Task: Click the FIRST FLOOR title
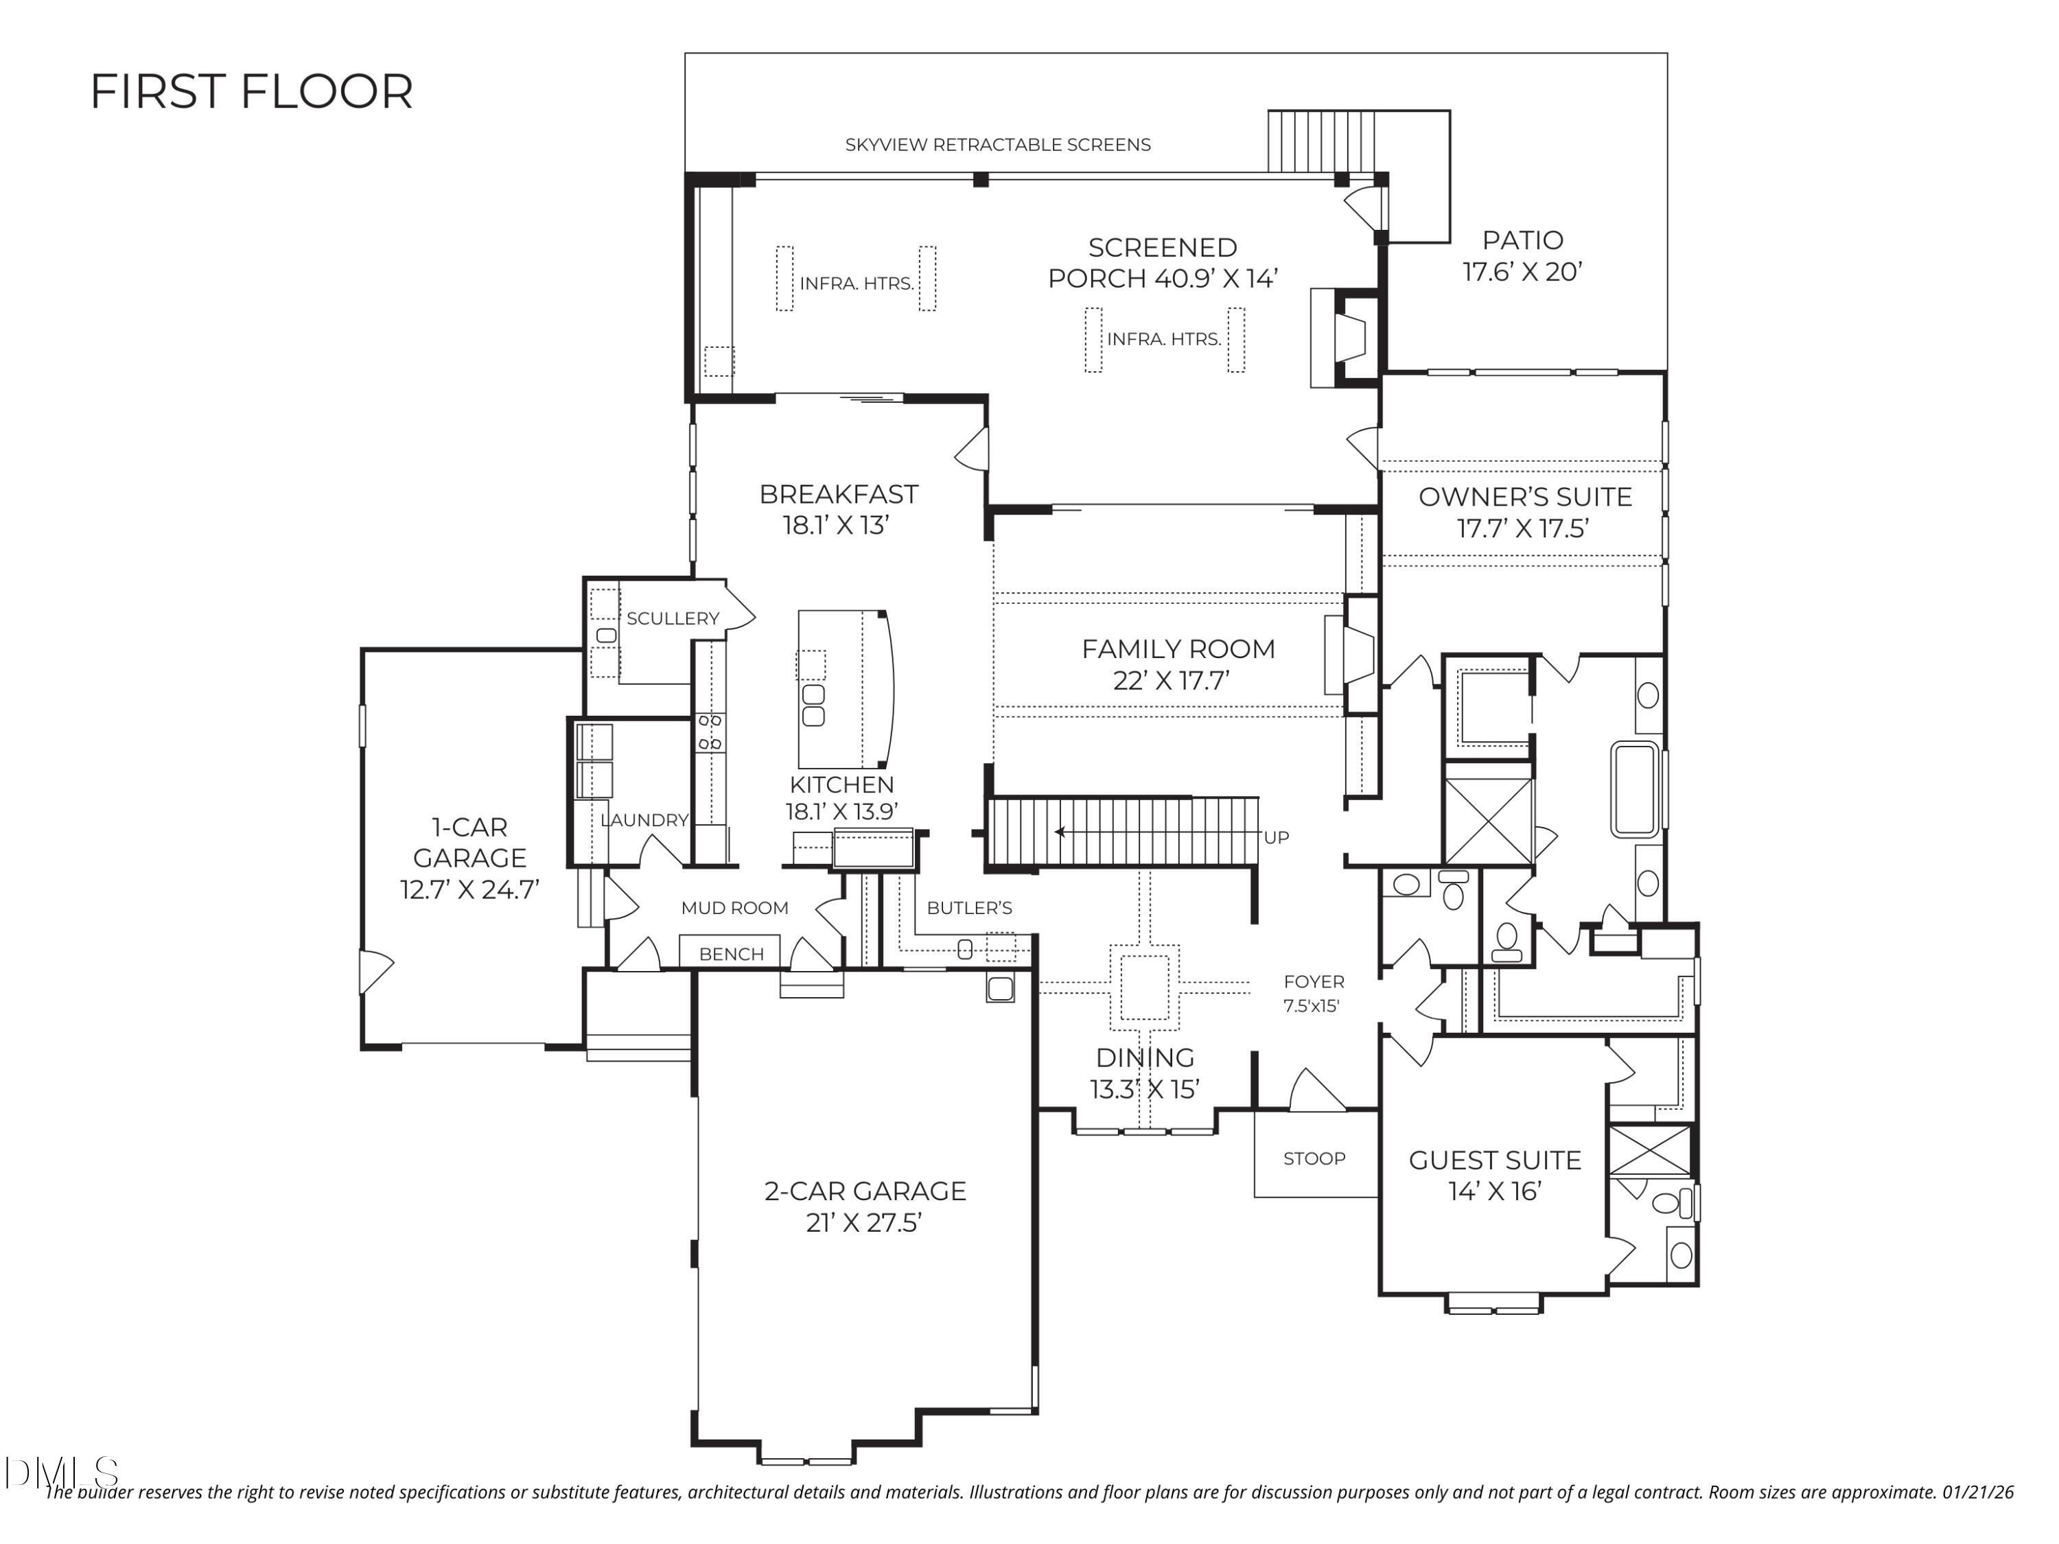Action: [251, 92]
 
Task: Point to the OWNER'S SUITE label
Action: [1525, 497]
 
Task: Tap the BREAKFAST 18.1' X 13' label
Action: [838, 509]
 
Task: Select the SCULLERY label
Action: [672, 619]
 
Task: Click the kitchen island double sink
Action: [813, 705]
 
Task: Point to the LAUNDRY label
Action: [644, 820]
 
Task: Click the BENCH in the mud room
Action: [731, 954]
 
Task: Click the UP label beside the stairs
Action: [1276, 838]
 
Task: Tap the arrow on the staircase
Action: [1061, 832]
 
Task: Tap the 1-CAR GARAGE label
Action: [469, 858]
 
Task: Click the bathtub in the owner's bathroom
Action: [1636, 789]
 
